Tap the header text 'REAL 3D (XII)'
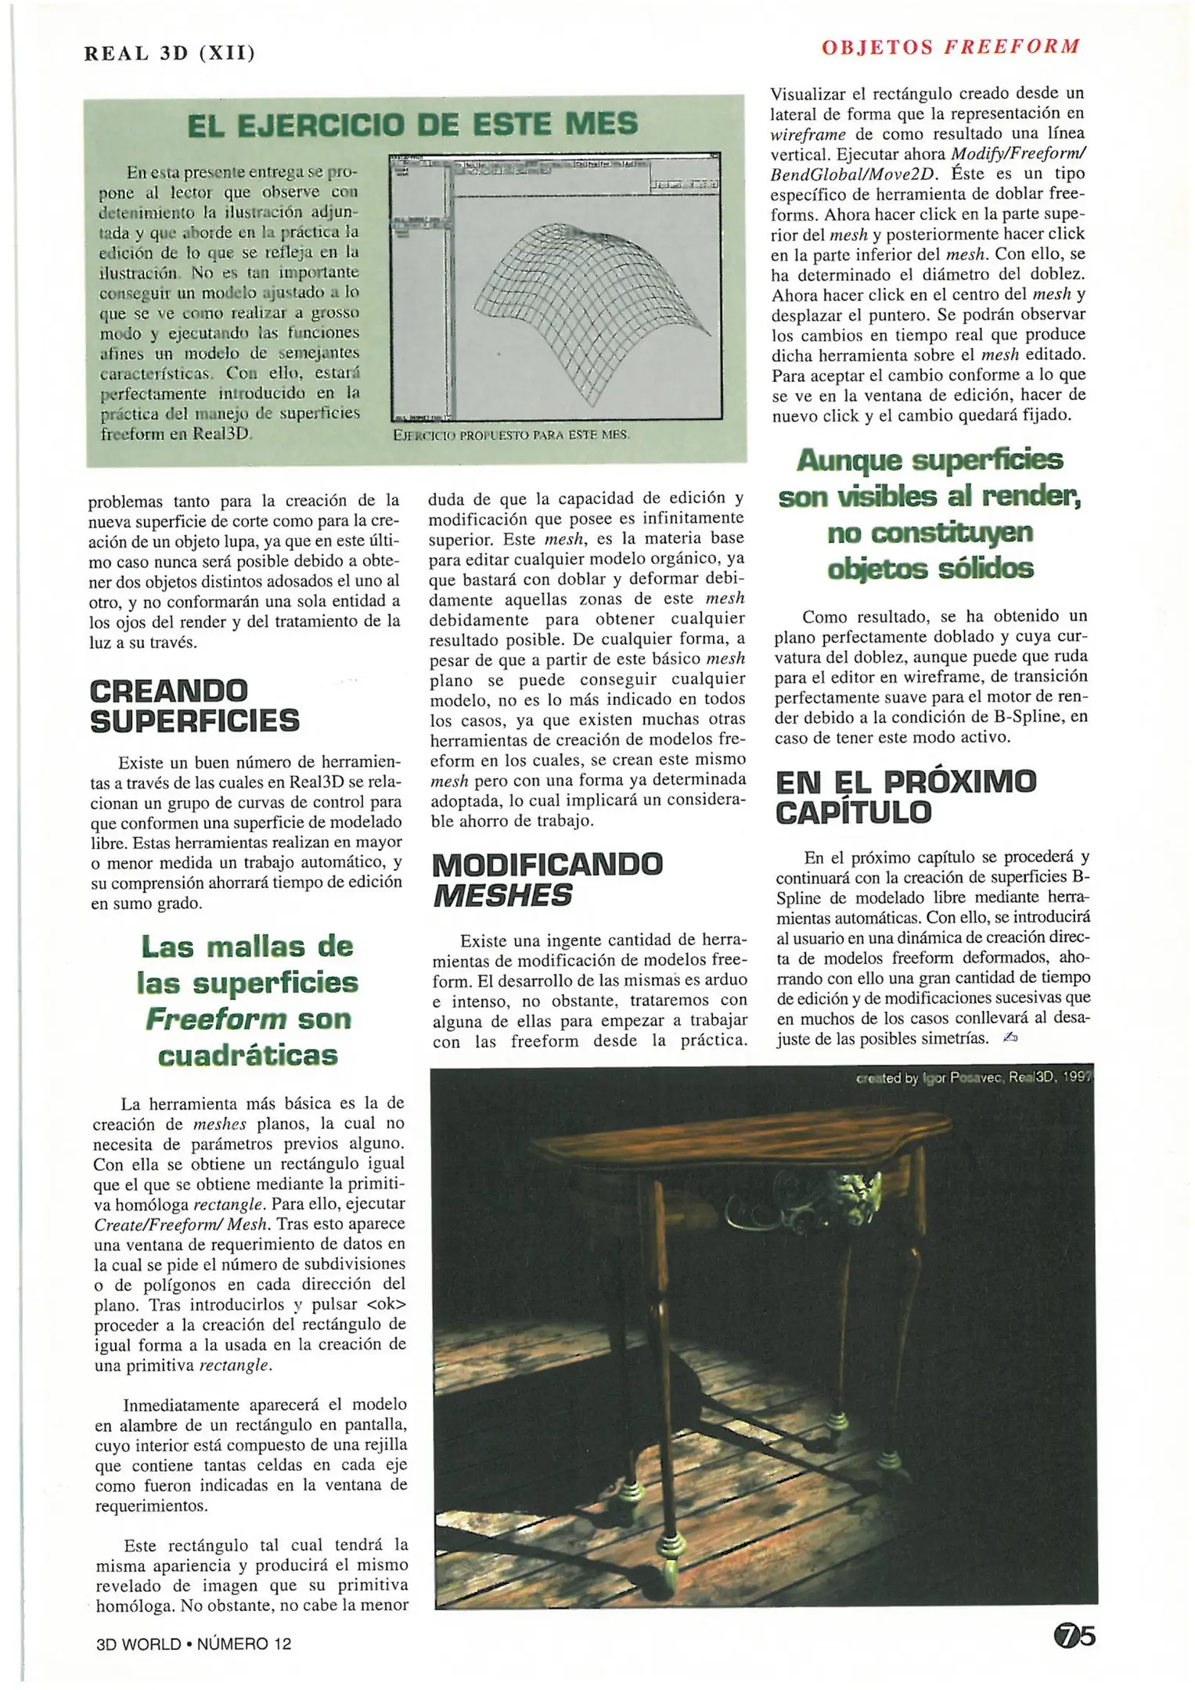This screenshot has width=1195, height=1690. pyautogui.click(x=170, y=53)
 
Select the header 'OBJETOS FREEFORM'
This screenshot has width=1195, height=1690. pyautogui.click(x=950, y=47)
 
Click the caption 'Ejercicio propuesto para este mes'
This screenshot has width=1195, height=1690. pyautogui.click(x=510, y=434)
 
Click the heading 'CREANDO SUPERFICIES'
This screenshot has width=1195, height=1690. pyautogui.click(x=194, y=706)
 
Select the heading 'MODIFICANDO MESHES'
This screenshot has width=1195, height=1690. pyautogui.click(x=547, y=879)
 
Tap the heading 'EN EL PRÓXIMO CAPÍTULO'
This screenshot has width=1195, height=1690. pyautogui.click(x=905, y=796)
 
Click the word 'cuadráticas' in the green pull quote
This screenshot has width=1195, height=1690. pyautogui.click(x=247, y=1055)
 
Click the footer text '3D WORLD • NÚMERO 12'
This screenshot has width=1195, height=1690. pyautogui.click(x=193, y=1643)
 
